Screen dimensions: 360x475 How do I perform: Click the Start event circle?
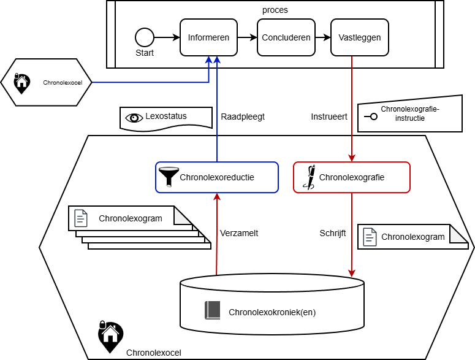(x=145, y=37)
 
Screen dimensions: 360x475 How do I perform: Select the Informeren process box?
(x=208, y=37)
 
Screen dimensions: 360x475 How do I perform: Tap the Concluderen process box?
(x=286, y=37)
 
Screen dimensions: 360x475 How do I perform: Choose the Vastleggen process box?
(x=360, y=37)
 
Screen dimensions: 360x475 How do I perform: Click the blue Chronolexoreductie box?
(x=217, y=177)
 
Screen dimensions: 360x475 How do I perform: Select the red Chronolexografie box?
(x=351, y=177)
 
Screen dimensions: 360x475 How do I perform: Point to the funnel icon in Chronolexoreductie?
(x=167, y=177)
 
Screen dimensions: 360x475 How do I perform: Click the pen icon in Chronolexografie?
(x=311, y=177)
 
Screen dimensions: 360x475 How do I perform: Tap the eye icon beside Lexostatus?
(x=133, y=117)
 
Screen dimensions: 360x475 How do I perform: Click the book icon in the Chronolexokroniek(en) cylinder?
(x=212, y=310)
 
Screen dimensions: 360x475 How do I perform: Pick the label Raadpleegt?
(x=242, y=117)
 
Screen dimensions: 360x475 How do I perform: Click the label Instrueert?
(x=329, y=117)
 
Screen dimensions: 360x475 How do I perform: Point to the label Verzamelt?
(x=238, y=233)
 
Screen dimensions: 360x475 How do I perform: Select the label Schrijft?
(x=333, y=233)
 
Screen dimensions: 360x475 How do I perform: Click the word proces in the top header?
(x=274, y=10)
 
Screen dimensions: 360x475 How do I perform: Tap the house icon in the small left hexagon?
(x=22, y=81)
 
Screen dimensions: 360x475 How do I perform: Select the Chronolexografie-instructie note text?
(x=410, y=113)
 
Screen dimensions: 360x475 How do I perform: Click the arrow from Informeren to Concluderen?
(x=246, y=37)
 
